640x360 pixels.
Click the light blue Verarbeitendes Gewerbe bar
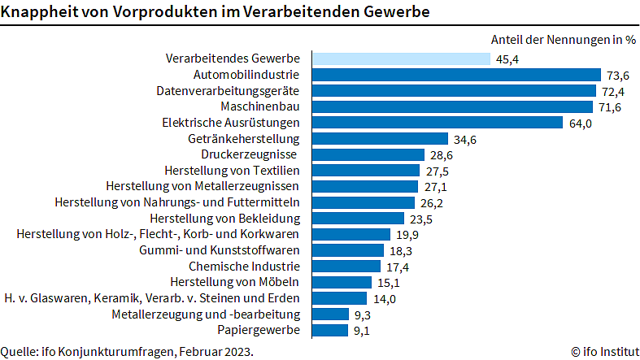[x=401, y=59]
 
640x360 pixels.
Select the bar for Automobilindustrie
[x=455, y=75]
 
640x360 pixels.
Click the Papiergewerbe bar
[x=329, y=330]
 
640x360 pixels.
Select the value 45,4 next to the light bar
[x=507, y=59]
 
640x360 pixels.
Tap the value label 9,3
[x=364, y=314]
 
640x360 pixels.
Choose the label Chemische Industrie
[x=244, y=266]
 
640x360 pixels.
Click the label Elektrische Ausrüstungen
[x=231, y=123]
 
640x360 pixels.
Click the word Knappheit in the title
[x=35, y=12]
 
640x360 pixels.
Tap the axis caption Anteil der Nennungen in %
[x=563, y=40]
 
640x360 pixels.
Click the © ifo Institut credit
[x=603, y=352]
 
